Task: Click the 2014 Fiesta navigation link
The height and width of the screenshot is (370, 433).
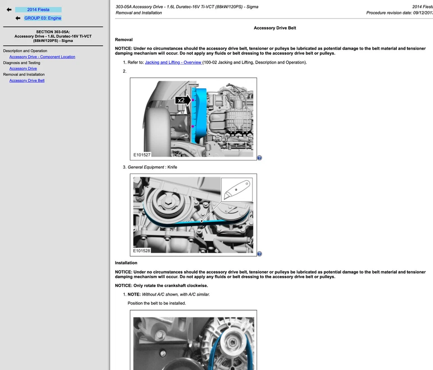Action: click(38, 9)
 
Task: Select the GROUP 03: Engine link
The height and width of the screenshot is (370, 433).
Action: click(42, 18)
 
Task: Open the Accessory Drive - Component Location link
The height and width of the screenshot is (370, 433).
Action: click(42, 57)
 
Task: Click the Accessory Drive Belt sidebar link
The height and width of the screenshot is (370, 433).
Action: click(27, 81)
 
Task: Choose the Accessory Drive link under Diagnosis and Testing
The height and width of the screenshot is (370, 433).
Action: click(23, 69)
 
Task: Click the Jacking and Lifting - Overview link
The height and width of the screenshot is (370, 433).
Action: click(173, 62)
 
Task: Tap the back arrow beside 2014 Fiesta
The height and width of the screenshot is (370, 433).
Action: click(9, 9)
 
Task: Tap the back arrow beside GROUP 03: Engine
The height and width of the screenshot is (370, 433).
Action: click(18, 18)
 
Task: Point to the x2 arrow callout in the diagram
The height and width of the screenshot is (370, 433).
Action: click(183, 100)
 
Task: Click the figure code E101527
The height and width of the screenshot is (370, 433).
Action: click(142, 155)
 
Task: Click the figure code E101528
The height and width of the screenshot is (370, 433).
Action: click(142, 251)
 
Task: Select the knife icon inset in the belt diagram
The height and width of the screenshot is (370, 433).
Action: click(237, 190)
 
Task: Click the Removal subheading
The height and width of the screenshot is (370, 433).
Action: click(124, 40)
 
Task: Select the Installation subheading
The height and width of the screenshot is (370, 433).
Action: click(126, 263)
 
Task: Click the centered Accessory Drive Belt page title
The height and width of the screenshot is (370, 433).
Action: click(275, 28)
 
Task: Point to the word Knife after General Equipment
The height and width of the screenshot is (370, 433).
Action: click(172, 167)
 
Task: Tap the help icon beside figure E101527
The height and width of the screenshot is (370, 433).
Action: click(259, 158)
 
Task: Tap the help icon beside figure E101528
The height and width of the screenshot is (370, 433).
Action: click(259, 254)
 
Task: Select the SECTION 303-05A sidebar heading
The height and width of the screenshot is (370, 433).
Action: click(53, 32)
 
